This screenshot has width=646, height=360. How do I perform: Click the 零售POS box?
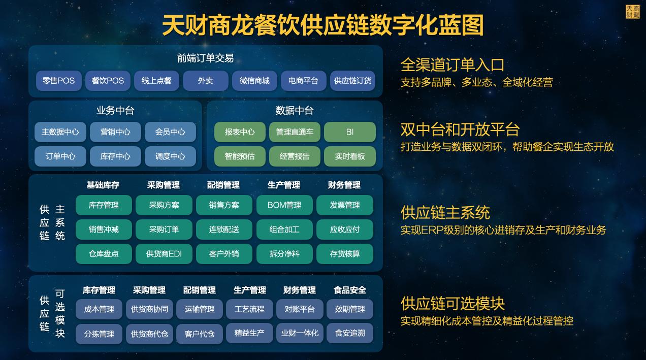point(58,81)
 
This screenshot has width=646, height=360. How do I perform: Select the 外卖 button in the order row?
point(205,81)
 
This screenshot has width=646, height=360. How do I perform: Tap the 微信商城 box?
point(254,81)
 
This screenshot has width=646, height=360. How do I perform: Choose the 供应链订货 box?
point(352,81)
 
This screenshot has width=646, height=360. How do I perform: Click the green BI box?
point(349,132)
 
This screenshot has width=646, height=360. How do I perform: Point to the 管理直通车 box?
point(295,132)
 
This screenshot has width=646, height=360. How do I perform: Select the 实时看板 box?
point(349,156)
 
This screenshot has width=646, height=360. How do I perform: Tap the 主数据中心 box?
point(60,132)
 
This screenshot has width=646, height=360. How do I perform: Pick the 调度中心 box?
point(170,156)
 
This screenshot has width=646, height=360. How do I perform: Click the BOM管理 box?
point(284,205)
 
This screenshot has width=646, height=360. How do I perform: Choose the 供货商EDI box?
point(164,254)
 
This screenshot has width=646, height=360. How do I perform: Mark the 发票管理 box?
point(344,205)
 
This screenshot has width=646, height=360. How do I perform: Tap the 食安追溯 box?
point(349,334)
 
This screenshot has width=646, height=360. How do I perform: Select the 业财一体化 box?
point(300,334)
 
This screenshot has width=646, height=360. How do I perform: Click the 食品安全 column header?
point(349,290)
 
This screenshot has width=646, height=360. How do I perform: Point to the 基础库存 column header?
point(103,185)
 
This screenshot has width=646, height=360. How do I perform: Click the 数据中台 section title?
point(295,111)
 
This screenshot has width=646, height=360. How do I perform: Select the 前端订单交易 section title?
point(205,58)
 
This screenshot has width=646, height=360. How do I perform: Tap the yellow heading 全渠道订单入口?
point(452,65)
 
